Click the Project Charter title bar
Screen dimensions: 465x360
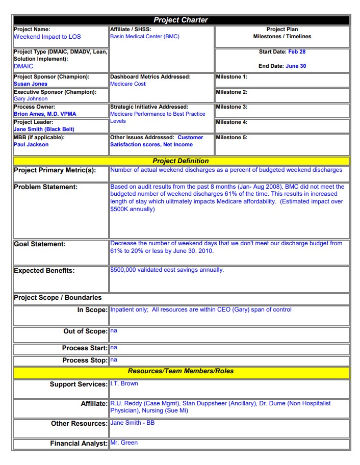(181, 20)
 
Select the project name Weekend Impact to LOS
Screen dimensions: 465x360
(47, 37)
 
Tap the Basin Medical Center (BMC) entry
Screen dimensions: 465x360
(145, 37)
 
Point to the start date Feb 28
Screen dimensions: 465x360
(297, 52)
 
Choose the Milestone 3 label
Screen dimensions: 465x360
(232, 107)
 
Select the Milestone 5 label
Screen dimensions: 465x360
(232, 138)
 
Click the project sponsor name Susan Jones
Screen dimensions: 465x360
(31, 84)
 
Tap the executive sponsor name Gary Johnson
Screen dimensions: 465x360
(31, 99)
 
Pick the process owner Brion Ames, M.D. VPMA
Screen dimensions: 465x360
(45, 114)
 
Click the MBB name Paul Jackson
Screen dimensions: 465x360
(31, 145)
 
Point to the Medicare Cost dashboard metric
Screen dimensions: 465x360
(128, 84)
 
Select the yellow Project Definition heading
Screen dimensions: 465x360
(181, 161)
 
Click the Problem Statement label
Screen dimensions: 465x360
(46, 187)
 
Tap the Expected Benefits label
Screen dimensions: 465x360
(44, 271)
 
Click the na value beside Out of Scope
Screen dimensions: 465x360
(114, 331)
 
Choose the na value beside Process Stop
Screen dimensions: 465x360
(114, 359)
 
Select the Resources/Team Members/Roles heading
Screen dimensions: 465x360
(181, 371)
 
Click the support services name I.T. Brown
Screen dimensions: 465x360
(124, 383)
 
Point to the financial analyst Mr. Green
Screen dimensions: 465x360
(124, 443)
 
